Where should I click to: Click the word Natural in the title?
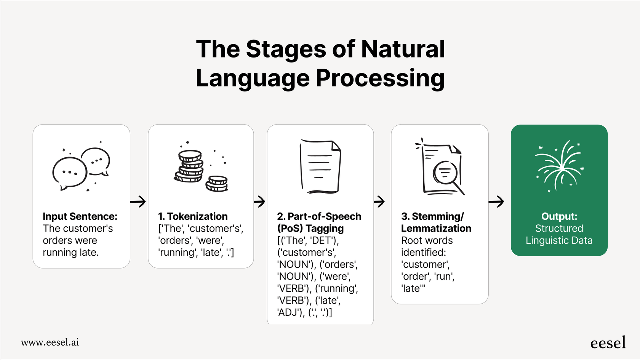coord(403,49)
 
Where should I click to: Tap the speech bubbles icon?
coord(81,168)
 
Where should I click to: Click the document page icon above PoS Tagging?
coord(320,166)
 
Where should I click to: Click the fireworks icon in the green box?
coord(559,166)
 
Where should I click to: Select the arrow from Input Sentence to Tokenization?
coord(138,202)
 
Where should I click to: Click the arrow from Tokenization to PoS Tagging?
coord(260,202)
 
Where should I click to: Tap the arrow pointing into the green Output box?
coord(496,202)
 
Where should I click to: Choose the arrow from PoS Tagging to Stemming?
coord(379,202)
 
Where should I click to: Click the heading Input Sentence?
coord(80,216)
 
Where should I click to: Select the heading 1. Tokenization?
coord(193,216)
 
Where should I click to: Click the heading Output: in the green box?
coord(559,216)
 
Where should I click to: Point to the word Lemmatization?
coord(436,229)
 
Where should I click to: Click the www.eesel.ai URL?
coord(50,342)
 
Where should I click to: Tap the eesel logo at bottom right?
coord(608,343)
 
